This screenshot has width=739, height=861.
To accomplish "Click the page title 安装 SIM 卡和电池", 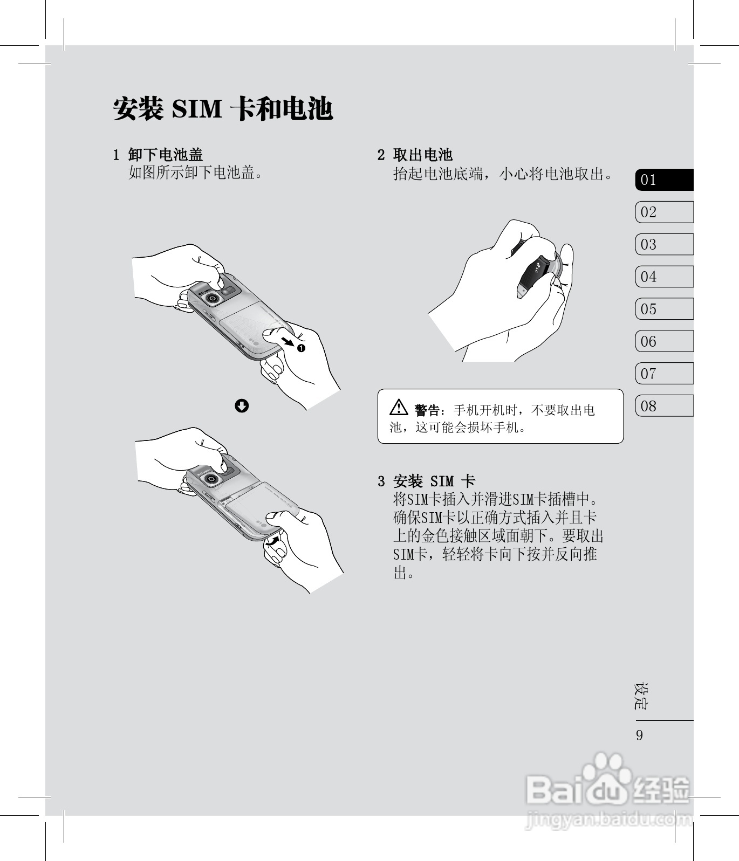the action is (223, 109).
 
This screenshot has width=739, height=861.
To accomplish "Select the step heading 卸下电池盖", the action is (166, 155).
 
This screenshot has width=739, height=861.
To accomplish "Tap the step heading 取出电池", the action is (423, 155).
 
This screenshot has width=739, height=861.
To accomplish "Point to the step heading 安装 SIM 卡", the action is (434, 481).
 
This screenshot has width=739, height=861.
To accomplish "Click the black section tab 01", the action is (664, 180).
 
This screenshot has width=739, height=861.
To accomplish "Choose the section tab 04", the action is (664, 277).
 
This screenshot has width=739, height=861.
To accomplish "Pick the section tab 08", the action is (664, 406).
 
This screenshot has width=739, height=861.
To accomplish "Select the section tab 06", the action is (664, 341).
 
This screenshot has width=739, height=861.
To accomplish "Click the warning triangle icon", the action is (399, 408).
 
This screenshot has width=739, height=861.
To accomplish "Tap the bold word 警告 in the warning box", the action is (427, 411).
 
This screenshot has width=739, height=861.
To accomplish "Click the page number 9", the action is (640, 735).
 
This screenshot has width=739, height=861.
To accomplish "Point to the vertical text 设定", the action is (641, 696).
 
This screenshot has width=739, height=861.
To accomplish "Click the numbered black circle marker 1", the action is (301, 348).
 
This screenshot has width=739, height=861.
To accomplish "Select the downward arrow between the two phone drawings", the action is (242, 406).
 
